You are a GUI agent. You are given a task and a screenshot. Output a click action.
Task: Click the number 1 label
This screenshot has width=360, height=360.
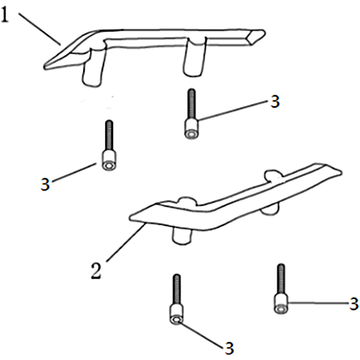click(x=5, y=14)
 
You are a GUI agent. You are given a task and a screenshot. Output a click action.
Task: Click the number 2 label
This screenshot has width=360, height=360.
click(x=96, y=271)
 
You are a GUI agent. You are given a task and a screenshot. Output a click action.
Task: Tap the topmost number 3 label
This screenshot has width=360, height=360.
click(x=275, y=102)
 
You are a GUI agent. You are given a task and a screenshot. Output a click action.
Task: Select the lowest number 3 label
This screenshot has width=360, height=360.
click(x=229, y=348)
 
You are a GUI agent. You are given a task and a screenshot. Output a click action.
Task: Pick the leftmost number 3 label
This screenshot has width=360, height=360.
click(x=45, y=184)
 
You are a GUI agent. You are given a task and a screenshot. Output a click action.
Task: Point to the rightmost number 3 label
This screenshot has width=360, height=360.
click(x=354, y=304)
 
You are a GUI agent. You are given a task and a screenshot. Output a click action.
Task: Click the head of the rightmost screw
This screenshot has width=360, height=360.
click(x=281, y=303)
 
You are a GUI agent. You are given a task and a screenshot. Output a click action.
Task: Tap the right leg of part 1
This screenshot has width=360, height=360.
click(x=194, y=58)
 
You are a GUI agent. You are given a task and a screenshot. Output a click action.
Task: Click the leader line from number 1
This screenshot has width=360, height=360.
click(x=40, y=28)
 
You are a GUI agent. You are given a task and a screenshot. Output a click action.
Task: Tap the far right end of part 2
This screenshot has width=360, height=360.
click(x=339, y=172)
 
